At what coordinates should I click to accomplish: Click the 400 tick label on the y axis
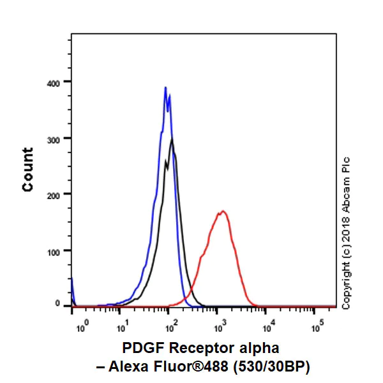point(53,84)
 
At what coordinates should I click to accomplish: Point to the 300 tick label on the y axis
point(53,140)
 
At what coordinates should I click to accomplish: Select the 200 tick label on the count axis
point(53,196)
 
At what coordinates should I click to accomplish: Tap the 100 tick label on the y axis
point(53,253)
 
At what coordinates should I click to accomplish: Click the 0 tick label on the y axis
point(57,303)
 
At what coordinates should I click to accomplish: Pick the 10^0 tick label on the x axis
point(83,326)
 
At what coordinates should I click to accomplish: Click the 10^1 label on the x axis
point(123,326)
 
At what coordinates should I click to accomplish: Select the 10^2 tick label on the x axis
point(172,326)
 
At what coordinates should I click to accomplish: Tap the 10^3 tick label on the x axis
point(220,326)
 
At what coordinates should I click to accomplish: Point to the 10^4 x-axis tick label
point(269,326)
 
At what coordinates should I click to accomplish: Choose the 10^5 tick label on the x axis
point(317,326)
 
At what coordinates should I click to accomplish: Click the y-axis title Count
point(27,170)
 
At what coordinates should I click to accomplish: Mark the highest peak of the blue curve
point(165,87)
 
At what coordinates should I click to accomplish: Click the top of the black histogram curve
point(172,139)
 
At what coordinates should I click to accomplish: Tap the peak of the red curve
point(223,211)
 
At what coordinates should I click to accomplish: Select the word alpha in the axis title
point(259,347)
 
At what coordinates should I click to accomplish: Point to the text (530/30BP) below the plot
point(271,366)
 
